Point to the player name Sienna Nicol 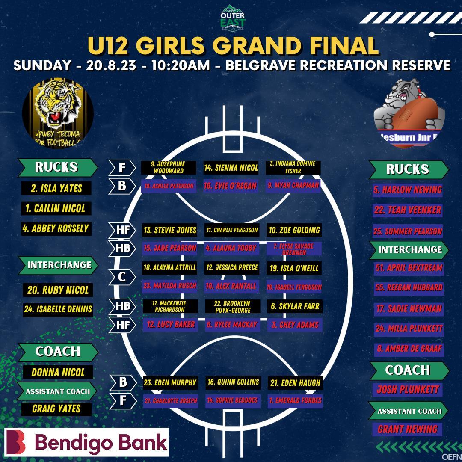pos(231,168)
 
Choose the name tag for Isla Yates pos(56,188)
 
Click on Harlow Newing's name pos(407,190)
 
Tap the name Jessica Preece pos(231,267)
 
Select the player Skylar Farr pos(295,306)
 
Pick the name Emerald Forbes pos(295,401)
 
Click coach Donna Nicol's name pos(58,372)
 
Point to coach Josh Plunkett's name pos(408,390)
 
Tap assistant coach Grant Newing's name pos(407,429)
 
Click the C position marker pos(122,277)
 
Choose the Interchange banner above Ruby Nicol pos(59,265)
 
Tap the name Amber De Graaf pos(409,349)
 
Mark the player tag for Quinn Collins pos(233,382)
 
